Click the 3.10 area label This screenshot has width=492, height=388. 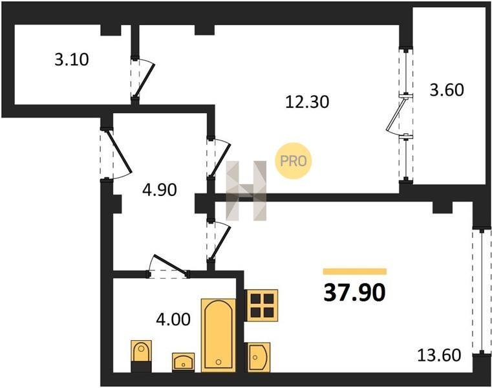72,59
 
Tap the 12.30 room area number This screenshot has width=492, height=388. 307,102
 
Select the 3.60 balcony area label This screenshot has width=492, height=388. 447,90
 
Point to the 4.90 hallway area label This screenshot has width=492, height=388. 160,190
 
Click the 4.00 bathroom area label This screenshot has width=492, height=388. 173,319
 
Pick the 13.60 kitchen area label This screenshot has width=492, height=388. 439,356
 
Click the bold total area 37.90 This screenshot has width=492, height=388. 354,292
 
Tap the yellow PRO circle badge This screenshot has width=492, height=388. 294,161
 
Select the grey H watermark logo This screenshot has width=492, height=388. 246,191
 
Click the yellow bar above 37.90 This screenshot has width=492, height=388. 354,272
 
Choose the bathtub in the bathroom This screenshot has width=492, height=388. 219,336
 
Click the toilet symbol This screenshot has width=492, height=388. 141,356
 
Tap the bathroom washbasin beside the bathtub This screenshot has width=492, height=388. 183,361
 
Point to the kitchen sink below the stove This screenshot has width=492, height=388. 259,357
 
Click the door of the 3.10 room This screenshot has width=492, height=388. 143,79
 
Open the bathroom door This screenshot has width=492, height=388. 168,266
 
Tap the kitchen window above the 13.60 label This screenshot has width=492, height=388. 482,292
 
